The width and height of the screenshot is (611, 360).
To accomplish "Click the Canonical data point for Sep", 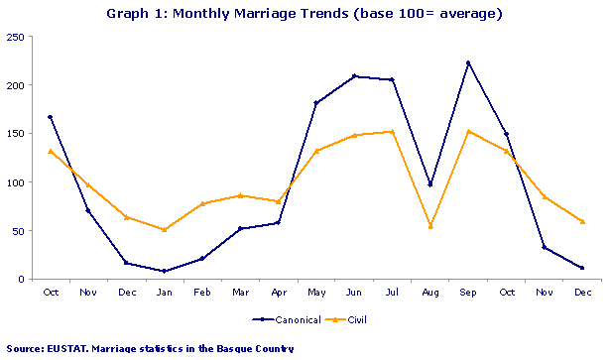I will (x=467, y=62).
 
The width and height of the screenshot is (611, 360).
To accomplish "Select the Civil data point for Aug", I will (x=429, y=226).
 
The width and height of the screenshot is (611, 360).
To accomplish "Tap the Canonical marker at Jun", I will (x=354, y=76).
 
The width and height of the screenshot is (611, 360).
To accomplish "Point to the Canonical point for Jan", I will (x=164, y=271).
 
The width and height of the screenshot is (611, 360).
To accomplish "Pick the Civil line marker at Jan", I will (x=164, y=229).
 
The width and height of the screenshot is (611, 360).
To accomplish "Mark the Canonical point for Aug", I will (x=429, y=184).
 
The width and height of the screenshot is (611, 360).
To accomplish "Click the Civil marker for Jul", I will (x=392, y=131).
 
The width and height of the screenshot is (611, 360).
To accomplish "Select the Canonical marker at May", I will (x=315, y=103).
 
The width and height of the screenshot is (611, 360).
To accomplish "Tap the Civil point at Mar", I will (x=240, y=195).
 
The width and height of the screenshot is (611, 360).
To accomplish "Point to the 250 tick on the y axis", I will (x=17, y=37).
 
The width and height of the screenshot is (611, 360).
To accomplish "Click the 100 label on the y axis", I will (x=17, y=182).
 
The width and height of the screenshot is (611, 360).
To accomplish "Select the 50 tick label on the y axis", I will (x=20, y=231).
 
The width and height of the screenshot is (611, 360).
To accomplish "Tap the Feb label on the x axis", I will (x=201, y=292).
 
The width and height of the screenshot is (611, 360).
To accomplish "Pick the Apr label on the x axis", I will (x=278, y=292).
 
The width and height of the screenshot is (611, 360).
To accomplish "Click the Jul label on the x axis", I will (x=392, y=292).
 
